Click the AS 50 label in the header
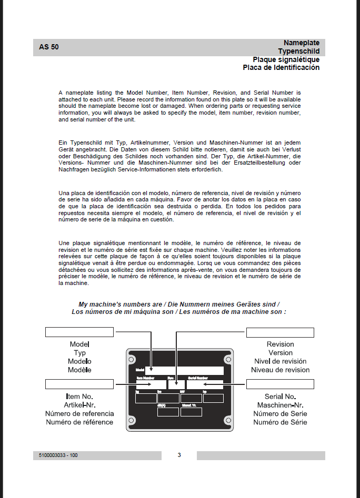tap(49, 47)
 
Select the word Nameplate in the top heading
tap(301, 43)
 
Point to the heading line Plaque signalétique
tap(286, 59)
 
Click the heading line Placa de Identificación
tap(281, 68)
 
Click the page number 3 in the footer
tap(179, 455)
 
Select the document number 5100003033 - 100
tap(58, 455)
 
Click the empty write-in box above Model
tap(79, 332)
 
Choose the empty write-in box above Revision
tap(280, 332)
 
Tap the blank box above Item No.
tap(79, 384)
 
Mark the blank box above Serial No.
tap(280, 384)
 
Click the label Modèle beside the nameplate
tap(79, 370)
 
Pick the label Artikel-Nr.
tap(79, 405)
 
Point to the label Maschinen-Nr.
tap(280, 405)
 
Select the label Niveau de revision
tap(280, 370)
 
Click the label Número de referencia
tap(79, 413)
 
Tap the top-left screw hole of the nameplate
tap(132, 359)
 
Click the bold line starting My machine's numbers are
tap(179, 304)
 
